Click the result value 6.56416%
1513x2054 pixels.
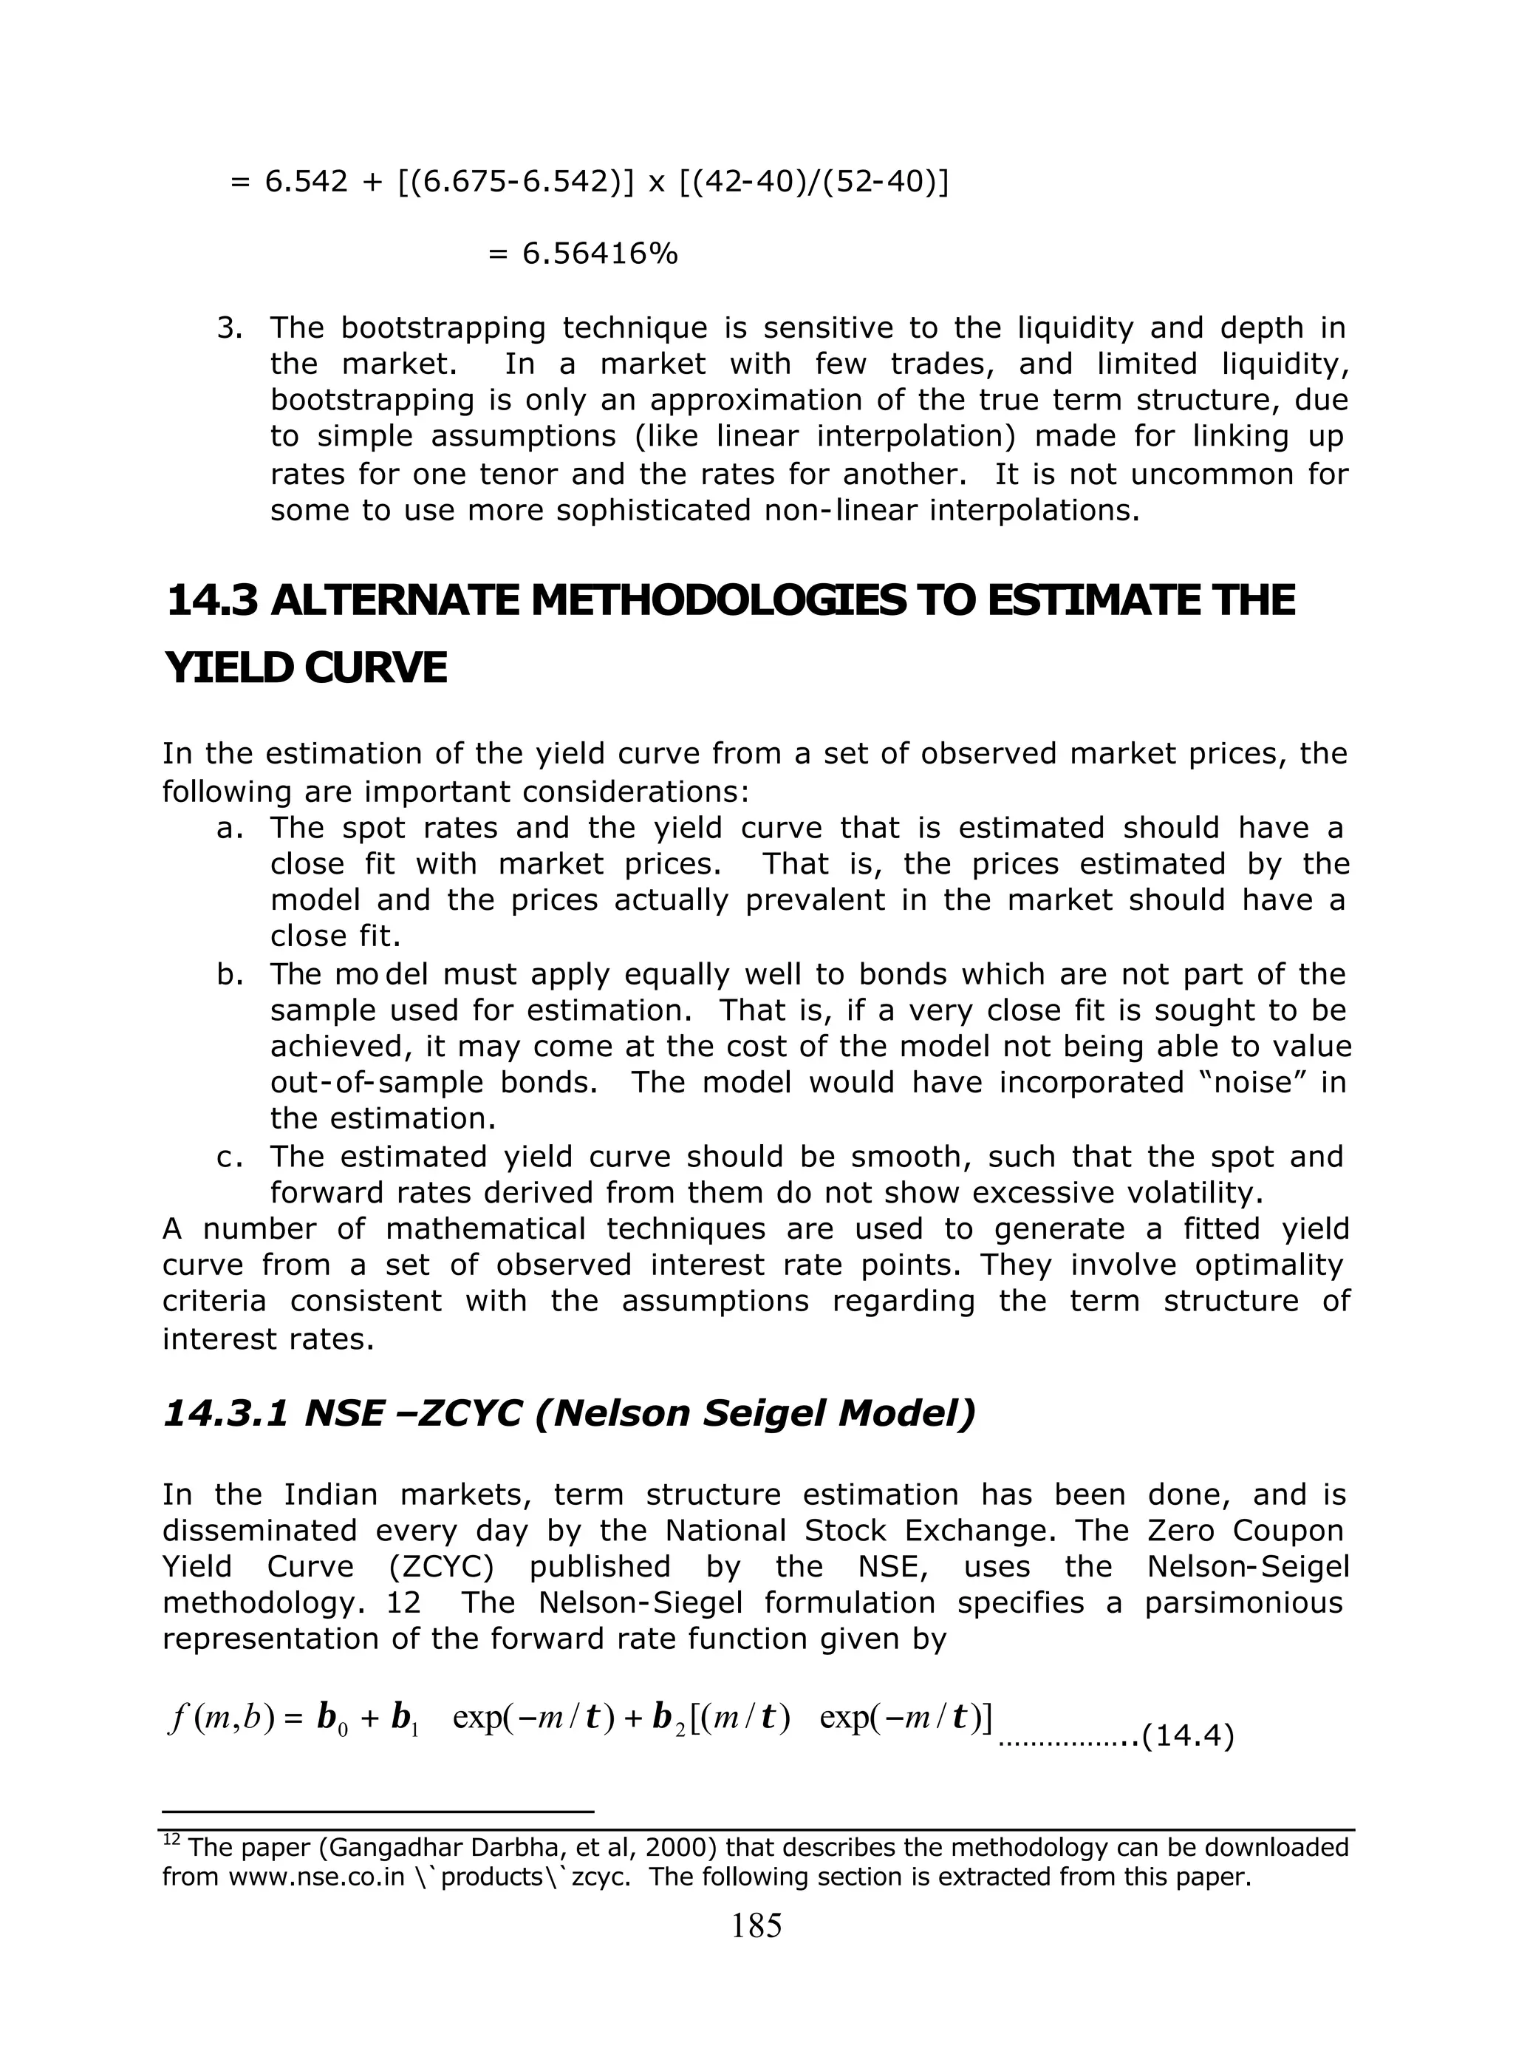coord(599,254)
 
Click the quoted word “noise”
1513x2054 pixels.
coord(1250,1083)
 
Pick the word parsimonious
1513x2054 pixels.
coord(1243,1602)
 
